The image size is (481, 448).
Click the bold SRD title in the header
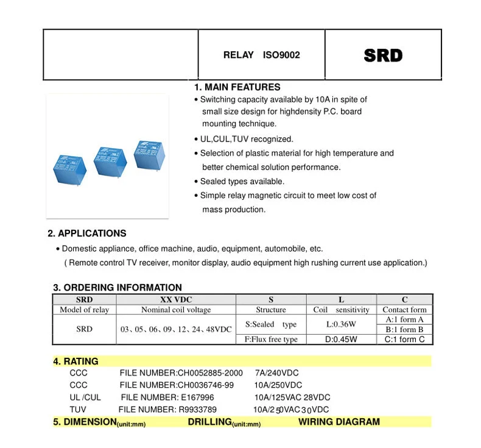(383, 55)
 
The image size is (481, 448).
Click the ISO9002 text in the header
(281, 55)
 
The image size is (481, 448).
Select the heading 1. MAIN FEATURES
(237, 87)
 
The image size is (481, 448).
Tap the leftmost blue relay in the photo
(69, 168)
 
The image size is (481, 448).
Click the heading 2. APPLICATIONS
(87, 233)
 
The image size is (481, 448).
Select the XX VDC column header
(176, 299)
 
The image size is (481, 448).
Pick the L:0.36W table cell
(341, 324)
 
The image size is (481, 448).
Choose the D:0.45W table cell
(341, 340)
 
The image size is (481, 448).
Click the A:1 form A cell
(404, 319)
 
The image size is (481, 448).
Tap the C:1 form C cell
(404, 340)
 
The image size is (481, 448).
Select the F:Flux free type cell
(271, 340)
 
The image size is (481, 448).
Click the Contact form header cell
(404, 310)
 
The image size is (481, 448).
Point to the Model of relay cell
(84, 310)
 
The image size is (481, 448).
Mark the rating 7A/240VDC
(276, 373)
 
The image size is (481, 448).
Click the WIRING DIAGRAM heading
(339, 422)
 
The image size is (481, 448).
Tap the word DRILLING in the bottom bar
(209, 422)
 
